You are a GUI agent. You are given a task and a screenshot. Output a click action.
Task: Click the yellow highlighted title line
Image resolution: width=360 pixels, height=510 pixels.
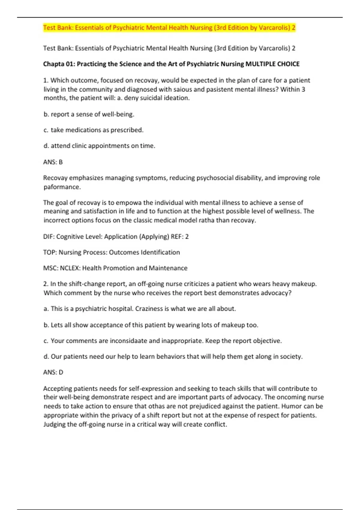[x=169, y=28]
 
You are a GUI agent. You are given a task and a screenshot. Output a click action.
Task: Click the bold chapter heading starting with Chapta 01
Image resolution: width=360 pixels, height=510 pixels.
[x=171, y=64]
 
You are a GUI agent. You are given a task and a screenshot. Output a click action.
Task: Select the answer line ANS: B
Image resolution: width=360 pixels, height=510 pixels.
[x=53, y=162]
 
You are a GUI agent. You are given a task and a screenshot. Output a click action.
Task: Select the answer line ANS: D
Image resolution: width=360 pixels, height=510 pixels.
[x=53, y=372]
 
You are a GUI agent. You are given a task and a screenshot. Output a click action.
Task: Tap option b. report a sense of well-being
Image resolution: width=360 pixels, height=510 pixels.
[x=89, y=114]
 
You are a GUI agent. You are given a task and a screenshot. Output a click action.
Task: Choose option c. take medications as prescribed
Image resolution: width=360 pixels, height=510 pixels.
[x=94, y=130]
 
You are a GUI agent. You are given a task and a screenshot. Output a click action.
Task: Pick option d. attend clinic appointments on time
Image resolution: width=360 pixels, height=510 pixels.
[x=99, y=146]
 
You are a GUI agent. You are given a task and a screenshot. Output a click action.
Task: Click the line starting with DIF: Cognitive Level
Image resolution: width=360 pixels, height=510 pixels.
[x=116, y=236]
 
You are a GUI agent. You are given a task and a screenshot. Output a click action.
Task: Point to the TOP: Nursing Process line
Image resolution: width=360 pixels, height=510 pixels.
[x=111, y=252]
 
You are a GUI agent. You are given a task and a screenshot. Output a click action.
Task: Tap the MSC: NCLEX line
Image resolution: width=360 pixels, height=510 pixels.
[x=115, y=268]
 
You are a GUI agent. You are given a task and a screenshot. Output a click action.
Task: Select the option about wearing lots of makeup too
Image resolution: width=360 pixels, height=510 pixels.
[x=151, y=325]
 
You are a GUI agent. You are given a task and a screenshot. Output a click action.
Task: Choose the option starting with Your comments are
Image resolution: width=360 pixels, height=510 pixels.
[x=163, y=341]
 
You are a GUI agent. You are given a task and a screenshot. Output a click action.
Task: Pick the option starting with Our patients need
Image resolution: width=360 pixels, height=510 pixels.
[x=173, y=356]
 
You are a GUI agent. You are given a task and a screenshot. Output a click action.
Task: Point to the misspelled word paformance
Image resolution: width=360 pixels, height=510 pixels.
[x=62, y=187]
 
